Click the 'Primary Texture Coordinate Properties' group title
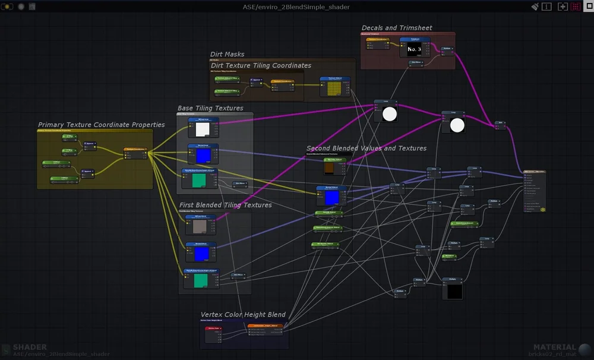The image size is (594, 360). (x=101, y=125)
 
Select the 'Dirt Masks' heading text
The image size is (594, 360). (x=227, y=54)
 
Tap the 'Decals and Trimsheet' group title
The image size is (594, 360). (x=397, y=28)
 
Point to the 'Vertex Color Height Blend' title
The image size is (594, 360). (x=243, y=314)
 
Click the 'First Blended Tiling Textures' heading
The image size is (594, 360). (x=225, y=205)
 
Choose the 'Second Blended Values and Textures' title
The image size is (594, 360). (x=366, y=148)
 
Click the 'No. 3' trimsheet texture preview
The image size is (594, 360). (x=414, y=50)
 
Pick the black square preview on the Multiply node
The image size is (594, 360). (x=454, y=291)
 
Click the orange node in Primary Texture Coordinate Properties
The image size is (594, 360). (x=135, y=151)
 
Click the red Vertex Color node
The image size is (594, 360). (x=213, y=328)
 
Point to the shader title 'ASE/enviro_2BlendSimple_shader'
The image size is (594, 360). (x=296, y=7)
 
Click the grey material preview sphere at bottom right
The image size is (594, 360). (x=585, y=350)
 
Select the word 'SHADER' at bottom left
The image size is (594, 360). (x=30, y=347)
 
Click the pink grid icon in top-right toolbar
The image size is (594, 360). (x=576, y=7)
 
